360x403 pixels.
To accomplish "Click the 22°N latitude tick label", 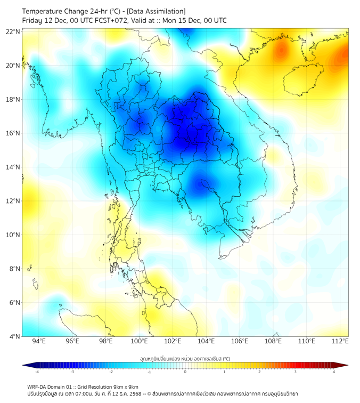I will (13, 31).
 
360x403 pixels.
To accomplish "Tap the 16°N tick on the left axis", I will (13, 133).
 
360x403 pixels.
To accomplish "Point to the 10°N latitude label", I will (13, 235).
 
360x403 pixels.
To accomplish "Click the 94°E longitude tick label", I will (39, 342).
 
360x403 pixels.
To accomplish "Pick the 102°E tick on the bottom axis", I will (173, 342).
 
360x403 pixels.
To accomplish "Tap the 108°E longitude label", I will (273, 342).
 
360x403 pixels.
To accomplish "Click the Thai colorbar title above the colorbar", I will (185, 358).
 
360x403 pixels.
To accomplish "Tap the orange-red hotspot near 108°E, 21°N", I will (281, 51).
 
